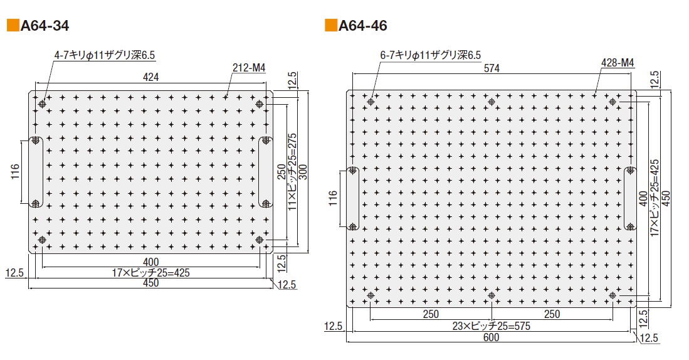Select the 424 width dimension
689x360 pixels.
pos(151,77)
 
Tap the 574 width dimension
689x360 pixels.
pos(492,70)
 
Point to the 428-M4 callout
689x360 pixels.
pos(618,63)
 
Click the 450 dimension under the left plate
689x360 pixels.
pos(150,283)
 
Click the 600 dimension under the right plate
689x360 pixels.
pos(492,337)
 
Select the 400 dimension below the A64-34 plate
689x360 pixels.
pos(150,262)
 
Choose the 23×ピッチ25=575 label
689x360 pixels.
pos(492,326)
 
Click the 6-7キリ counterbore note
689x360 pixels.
pos(431,56)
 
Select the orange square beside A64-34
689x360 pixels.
pos(13,26)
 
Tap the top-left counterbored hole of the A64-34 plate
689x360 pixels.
pos(43,103)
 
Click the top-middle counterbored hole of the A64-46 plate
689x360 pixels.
pos(492,102)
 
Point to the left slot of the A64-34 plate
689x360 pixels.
pos(35,171)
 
